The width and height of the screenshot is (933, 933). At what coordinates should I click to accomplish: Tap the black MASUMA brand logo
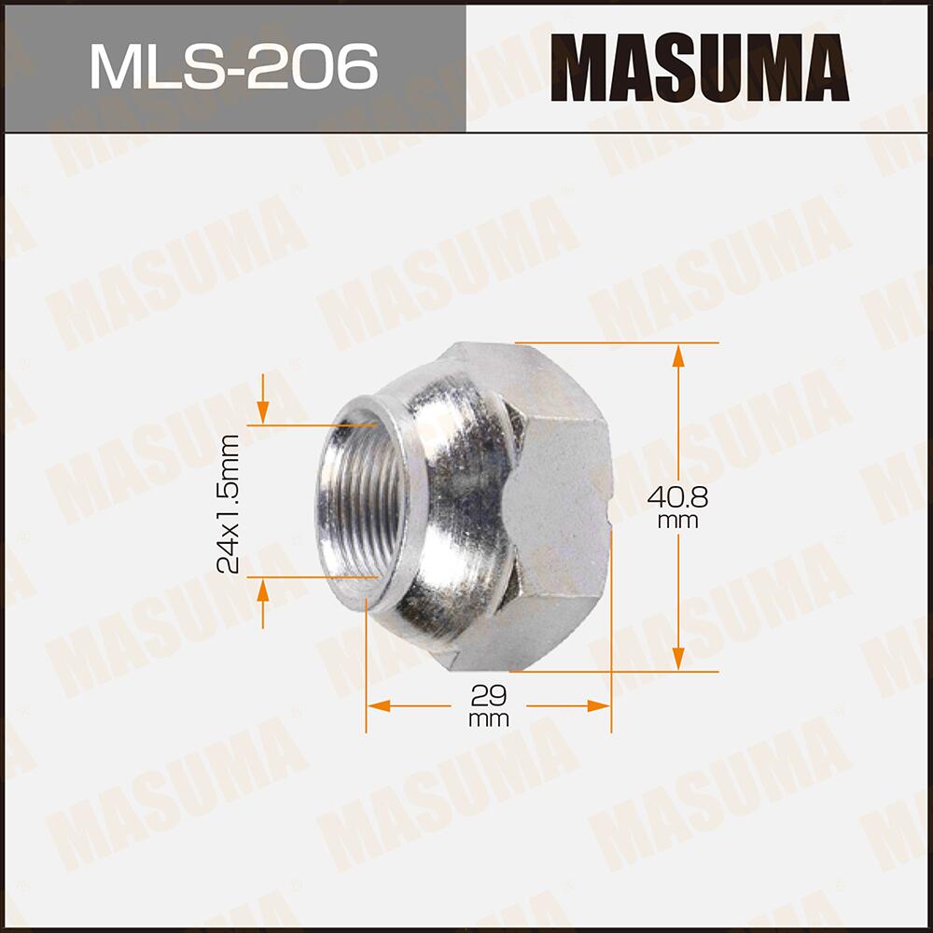tap(699, 66)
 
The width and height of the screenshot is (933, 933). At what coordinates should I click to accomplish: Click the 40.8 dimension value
tap(678, 496)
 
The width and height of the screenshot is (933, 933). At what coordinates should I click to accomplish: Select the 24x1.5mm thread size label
tap(228, 503)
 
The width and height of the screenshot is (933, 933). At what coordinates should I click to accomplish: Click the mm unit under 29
tap(489, 719)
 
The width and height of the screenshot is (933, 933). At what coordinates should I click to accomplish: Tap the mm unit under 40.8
tap(678, 522)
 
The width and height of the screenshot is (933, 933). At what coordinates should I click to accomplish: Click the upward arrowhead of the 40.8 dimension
tap(678, 354)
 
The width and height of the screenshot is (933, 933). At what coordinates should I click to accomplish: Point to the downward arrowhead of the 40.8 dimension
tap(678, 659)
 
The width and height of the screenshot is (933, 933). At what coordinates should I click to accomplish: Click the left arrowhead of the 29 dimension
tap(377, 705)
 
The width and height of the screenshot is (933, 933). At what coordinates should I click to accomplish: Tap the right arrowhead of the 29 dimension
tap(599, 705)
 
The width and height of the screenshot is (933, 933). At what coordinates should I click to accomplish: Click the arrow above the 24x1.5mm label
tap(263, 411)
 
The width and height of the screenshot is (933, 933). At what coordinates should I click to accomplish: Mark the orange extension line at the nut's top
tap(616, 343)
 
